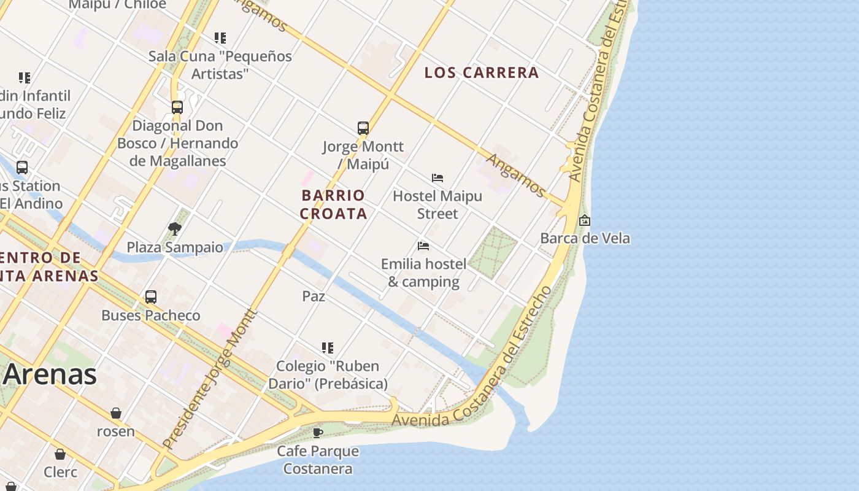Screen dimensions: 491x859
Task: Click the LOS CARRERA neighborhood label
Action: (x=482, y=72)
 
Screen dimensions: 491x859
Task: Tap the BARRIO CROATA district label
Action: (x=334, y=204)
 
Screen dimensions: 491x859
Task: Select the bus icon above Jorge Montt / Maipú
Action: (x=363, y=128)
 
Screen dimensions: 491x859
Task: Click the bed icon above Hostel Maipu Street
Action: (x=437, y=178)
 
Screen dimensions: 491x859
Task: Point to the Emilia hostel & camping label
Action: (x=423, y=273)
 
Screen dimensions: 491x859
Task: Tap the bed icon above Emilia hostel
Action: (x=423, y=246)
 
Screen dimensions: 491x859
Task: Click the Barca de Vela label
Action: (x=585, y=238)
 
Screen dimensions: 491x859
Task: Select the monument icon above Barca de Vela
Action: (x=585, y=220)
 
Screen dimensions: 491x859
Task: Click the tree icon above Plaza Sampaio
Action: (x=175, y=229)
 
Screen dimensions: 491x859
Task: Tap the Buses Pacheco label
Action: (x=151, y=315)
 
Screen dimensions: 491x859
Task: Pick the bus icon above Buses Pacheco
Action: (x=151, y=297)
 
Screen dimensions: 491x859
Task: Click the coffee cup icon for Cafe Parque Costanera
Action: (x=318, y=433)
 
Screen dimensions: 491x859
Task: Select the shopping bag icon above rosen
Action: (x=116, y=413)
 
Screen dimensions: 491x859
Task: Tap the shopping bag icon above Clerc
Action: (x=60, y=454)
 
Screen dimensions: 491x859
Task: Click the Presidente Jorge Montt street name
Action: (x=210, y=379)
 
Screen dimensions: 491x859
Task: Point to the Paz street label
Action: (x=314, y=296)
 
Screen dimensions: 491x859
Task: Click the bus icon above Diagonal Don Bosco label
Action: (x=177, y=107)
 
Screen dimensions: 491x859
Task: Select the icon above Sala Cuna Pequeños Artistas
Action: (x=220, y=38)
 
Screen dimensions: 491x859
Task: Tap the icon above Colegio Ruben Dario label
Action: (x=328, y=348)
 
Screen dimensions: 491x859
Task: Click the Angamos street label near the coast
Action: (x=515, y=176)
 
